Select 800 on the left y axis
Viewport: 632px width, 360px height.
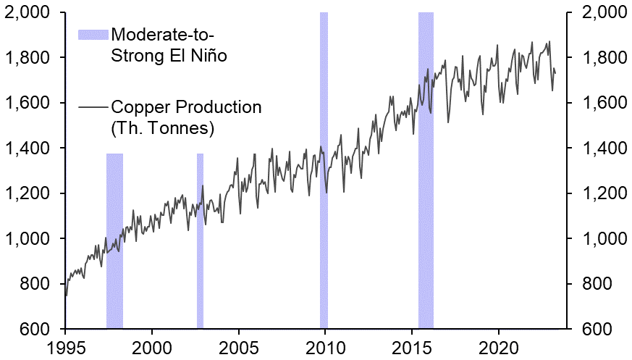pyautogui.click(x=34, y=284)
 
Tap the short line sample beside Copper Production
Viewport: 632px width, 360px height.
pyautogui.click(x=93, y=108)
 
